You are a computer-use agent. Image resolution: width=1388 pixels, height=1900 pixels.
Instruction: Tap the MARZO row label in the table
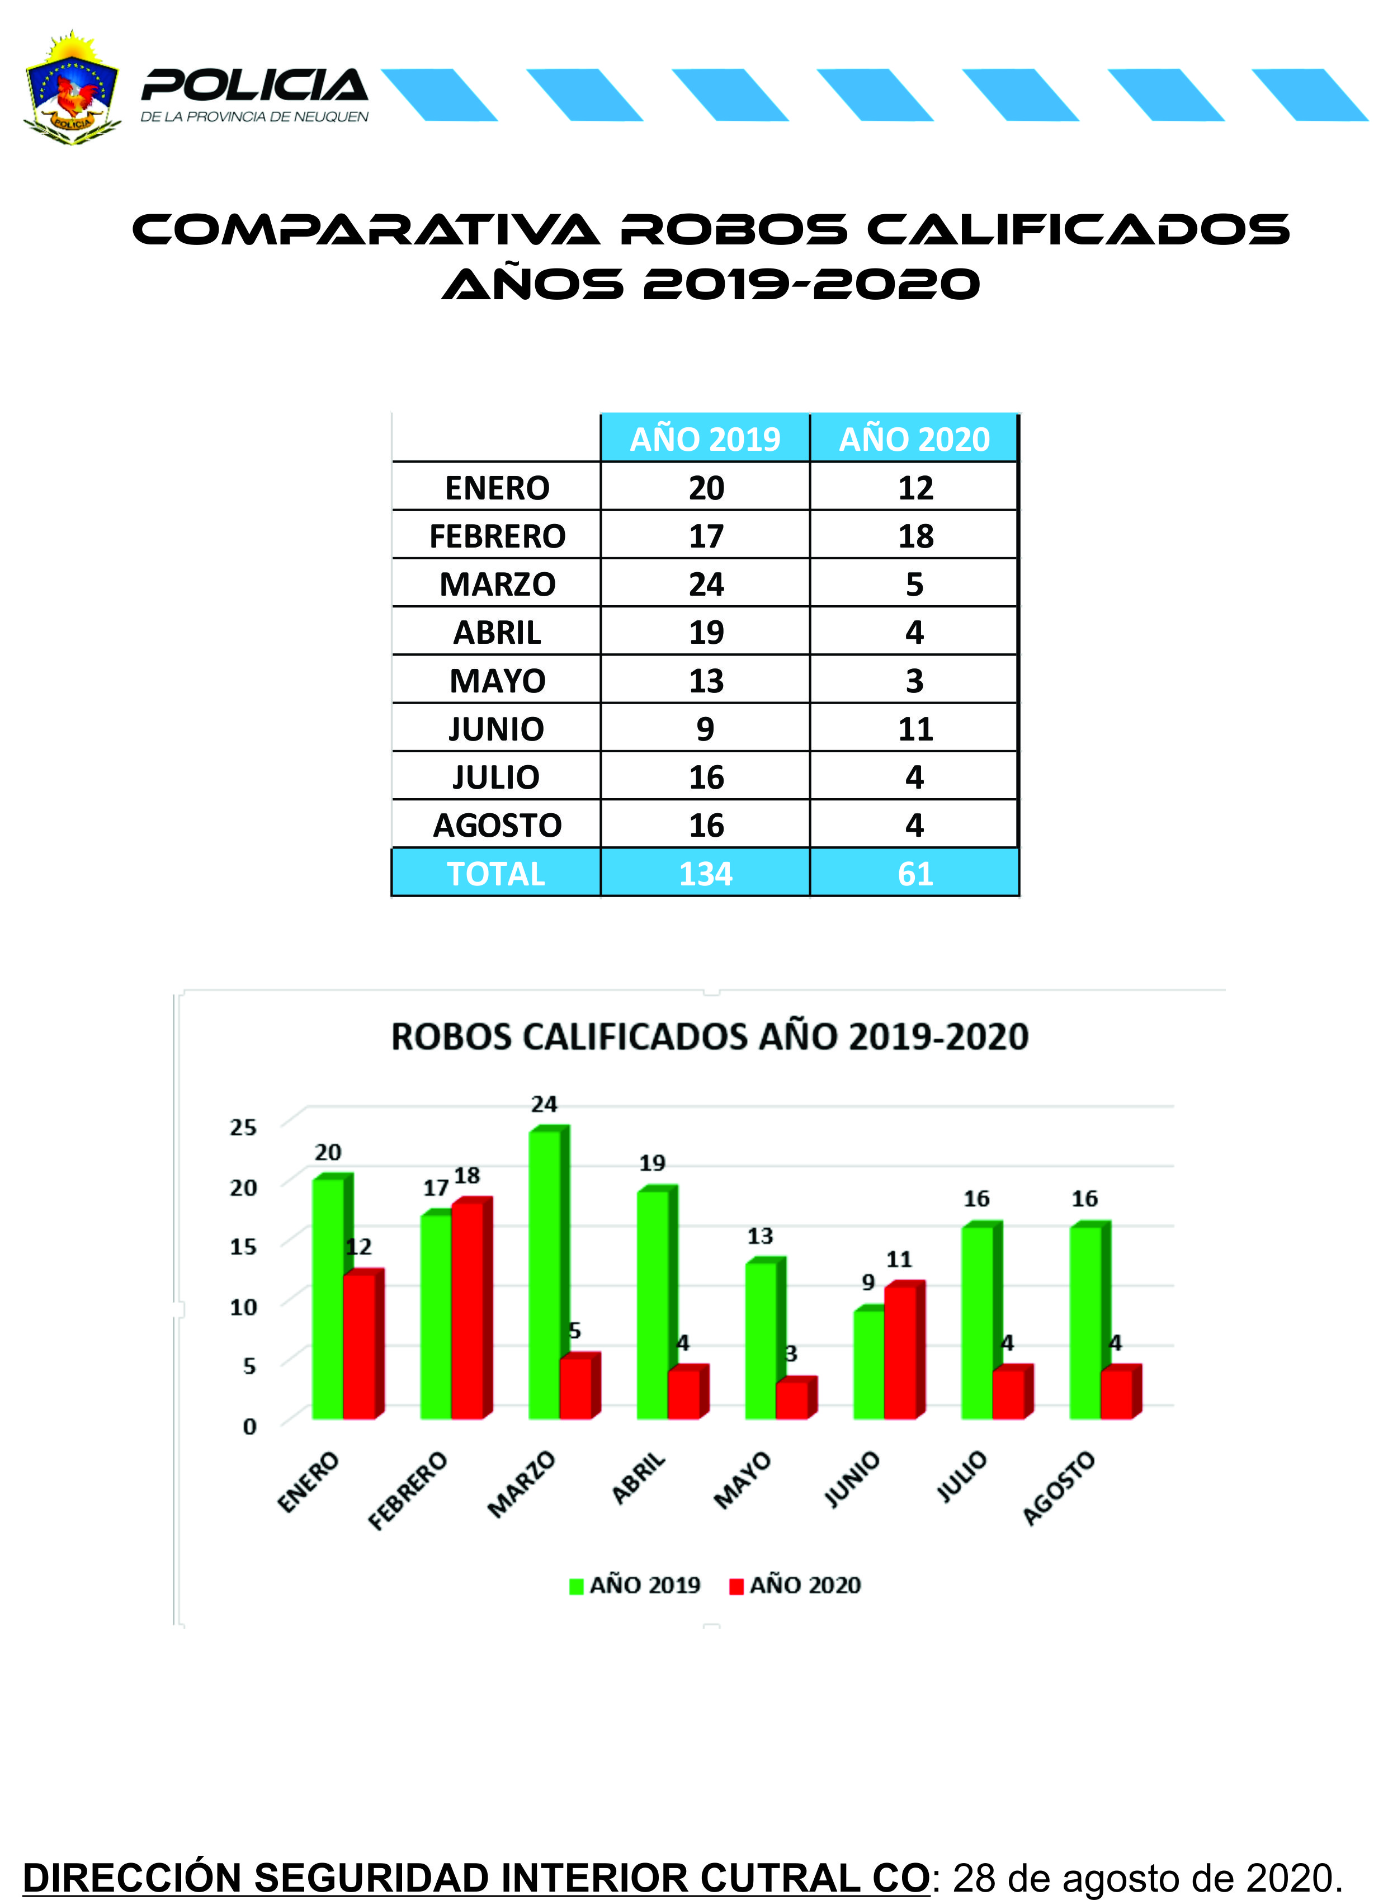(x=497, y=584)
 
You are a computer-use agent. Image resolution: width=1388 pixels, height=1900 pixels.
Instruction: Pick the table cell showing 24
(x=706, y=584)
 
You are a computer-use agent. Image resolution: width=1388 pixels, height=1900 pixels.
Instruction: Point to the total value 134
(x=705, y=874)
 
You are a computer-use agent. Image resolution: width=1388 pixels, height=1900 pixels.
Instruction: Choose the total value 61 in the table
(x=915, y=874)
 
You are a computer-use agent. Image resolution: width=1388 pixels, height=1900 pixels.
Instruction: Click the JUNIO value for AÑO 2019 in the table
(x=705, y=729)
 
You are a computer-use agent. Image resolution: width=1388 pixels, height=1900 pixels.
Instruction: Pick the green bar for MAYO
(x=761, y=1340)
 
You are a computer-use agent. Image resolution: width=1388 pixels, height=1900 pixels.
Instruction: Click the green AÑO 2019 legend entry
(x=635, y=1585)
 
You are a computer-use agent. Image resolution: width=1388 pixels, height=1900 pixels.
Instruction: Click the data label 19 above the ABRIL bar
(x=652, y=1163)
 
